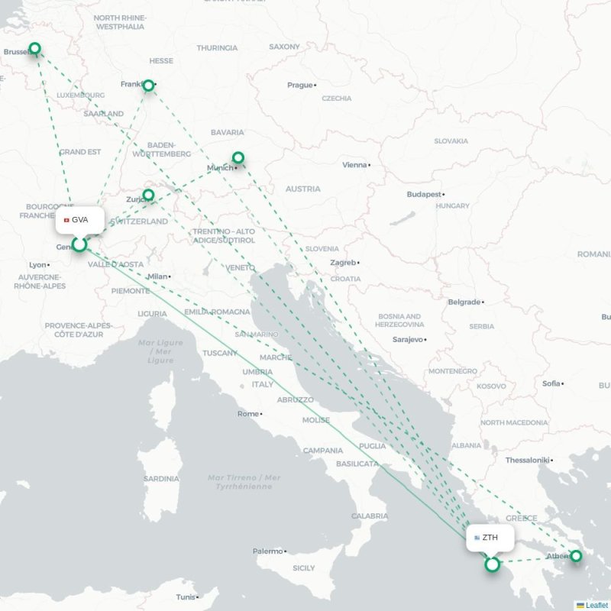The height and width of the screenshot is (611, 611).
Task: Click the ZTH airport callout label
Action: pyautogui.click(x=490, y=538)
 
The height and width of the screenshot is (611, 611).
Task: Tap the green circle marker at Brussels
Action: pyautogui.click(x=34, y=49)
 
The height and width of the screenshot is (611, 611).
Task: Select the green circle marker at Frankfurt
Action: pyautogui.click(x=150, y=86)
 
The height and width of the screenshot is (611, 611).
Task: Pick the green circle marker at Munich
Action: pyautogui.click(x=238, y=158)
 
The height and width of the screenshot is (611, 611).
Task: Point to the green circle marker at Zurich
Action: pyautogui.click(x=148, y=196)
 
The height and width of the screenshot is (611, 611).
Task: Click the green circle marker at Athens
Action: pyautogui.click(x=576, y=556)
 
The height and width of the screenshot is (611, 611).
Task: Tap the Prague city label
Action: pyautogui.click(x=300, y=85)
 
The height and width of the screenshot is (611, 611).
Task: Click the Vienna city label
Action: pyautogui.click(x=354, y=165)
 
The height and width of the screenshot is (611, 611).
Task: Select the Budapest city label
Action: pyautogui.click(x=424, y=195)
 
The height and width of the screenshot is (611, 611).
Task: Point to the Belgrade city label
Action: pyautogui.click(x=464, y=302)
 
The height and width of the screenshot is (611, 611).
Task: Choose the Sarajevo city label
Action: pyautogui.click(x=407, y=339)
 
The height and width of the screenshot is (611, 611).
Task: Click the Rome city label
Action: pyautogui.click(x=248, y=414)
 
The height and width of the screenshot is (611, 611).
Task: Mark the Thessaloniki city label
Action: pyautogui.click(x=527, y=460)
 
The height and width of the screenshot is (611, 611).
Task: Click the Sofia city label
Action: pyautogui.click(x=551, y=383)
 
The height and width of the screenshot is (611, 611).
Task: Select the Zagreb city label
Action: pyautogui.click(x=342, y=263)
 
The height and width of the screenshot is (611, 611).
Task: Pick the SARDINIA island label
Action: pyautogui.click(x=161, y=479)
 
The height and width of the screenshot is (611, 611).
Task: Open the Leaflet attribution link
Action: pyautogui.click(x=596, y=605)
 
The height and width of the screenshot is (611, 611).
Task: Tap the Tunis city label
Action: pyautogui.click(x=185, y=597)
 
